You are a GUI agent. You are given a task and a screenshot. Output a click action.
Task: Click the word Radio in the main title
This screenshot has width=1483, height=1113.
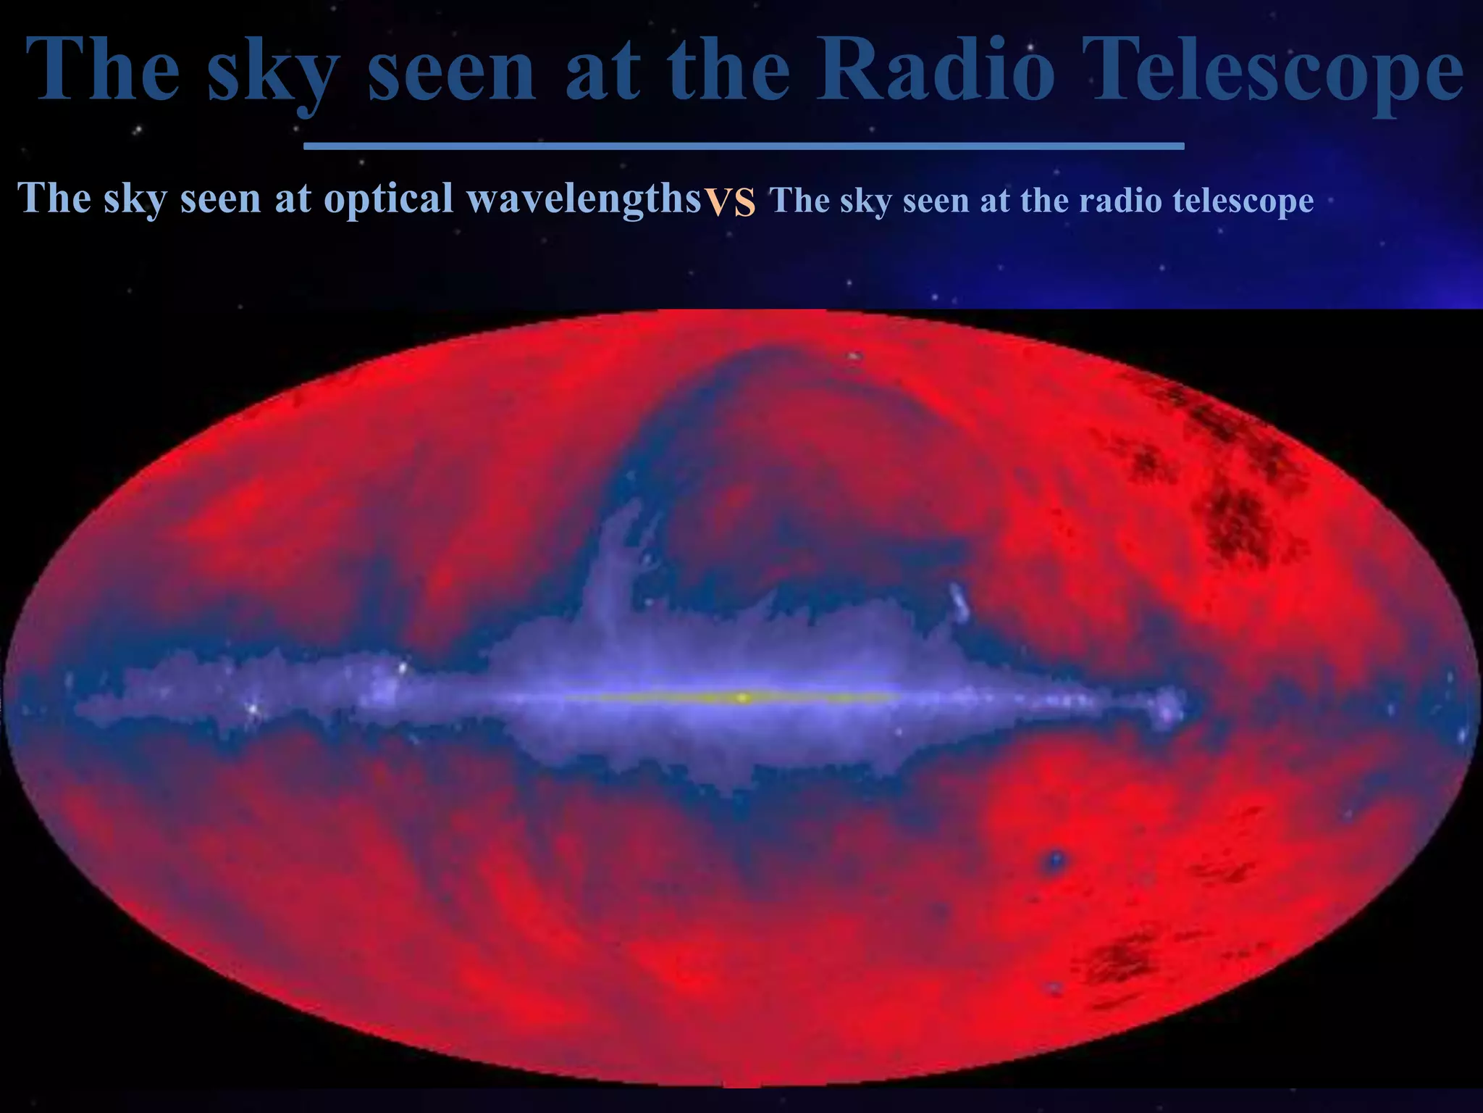coord(935,69)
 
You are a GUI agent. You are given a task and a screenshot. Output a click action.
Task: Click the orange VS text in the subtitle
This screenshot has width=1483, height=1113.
coord(731,201)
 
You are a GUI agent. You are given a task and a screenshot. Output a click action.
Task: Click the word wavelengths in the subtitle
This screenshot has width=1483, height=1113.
coord(584,197)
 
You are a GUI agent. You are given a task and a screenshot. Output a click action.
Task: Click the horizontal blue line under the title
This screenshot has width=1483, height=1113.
coord(744,146)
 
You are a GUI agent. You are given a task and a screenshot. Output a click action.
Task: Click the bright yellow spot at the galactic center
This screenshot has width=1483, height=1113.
coord(742,698)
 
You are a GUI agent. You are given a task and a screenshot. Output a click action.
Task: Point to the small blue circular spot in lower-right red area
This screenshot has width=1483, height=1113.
coord(1055,860)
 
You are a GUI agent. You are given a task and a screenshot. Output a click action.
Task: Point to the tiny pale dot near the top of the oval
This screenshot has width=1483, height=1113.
coord(854,356)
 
